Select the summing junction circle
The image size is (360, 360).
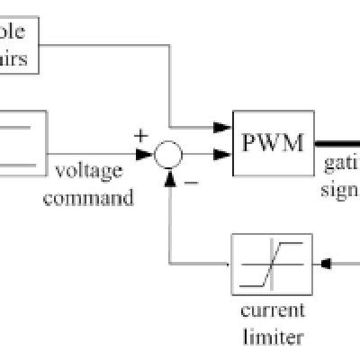[x=167, y=155]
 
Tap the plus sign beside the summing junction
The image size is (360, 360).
[x=140, y=136]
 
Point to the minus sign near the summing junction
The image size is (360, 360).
[x=191, y=183]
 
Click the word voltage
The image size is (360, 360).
[x=90, y=170]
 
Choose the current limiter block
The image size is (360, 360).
[x=272, y=264]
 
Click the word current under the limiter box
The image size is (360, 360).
[x=272, y=311]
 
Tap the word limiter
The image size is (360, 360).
[x=272, y=337]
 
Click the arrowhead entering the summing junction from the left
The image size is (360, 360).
[x=146, y=155]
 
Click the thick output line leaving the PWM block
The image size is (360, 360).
[x=335, y=144]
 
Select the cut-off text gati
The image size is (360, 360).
[x=342, y=166]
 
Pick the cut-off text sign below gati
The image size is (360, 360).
[x=340, y=192]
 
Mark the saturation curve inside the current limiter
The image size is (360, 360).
[x=272, y=264]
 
